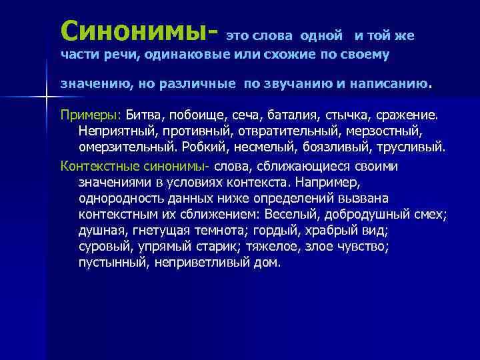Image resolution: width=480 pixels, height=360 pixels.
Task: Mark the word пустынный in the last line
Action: coord(108,263)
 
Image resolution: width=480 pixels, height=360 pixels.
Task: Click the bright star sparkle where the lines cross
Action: coord(46,98)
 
